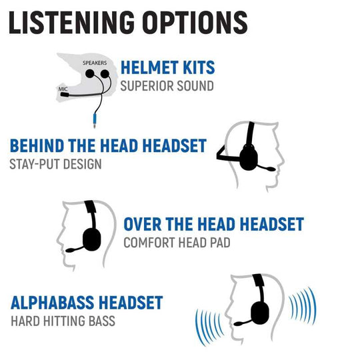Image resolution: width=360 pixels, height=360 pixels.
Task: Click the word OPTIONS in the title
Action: click(x=195, y=22)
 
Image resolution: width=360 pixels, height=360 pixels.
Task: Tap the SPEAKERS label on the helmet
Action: click(x=95, y=63)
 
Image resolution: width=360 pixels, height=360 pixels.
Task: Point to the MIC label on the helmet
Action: click(x=63, y=89)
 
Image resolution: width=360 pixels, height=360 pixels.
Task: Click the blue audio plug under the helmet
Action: click(x=95, y=121)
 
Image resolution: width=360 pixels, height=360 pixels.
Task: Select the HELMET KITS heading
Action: click(x=167, y=67)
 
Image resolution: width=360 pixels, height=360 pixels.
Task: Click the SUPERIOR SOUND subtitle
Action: click(x=167, y=86)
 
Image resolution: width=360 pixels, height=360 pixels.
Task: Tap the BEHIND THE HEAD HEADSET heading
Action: click(x=108, y=146)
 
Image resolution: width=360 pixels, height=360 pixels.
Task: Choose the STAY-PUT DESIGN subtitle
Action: click(x=55, y=164)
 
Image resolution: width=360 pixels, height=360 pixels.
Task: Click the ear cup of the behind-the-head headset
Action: click(x=249, y=158)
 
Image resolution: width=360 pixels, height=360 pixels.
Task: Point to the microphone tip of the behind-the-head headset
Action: click(x=271, y=169)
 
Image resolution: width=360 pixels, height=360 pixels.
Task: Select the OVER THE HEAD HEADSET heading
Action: click(x=214, y=224)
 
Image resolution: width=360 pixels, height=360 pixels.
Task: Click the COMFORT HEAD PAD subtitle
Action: click(x=177, y=243)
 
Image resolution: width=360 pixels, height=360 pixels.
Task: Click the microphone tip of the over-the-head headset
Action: click(x=70, y=250)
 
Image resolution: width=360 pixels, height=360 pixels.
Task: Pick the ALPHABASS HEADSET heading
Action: click(x=87, y=303)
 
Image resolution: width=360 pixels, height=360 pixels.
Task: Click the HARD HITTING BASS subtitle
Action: click(x=63, y=321)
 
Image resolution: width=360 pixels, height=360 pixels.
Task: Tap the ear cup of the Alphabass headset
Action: click(x=260, y=313)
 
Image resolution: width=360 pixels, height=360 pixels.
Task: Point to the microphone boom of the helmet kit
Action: click(x=81, y=95)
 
